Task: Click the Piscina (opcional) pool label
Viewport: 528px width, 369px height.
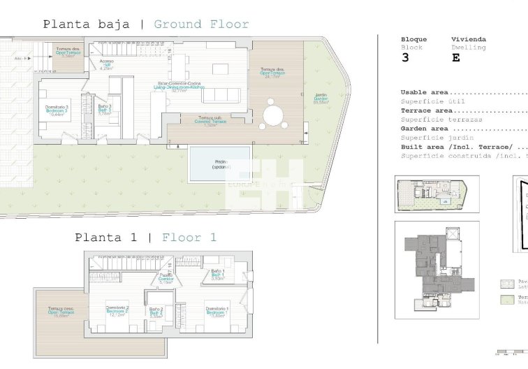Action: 220,165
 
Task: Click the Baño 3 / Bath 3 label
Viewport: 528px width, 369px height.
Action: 104,109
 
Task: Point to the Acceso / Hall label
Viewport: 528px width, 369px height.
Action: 106,64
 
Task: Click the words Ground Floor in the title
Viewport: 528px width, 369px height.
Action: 201,24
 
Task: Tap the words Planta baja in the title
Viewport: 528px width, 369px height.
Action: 86,24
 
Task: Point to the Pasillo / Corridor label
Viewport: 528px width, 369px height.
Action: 166,278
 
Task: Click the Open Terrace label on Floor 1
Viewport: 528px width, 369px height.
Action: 61,312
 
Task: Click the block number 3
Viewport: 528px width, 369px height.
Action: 405,58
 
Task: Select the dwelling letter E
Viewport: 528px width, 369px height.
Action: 456,58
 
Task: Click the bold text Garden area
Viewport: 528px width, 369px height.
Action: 424,129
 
